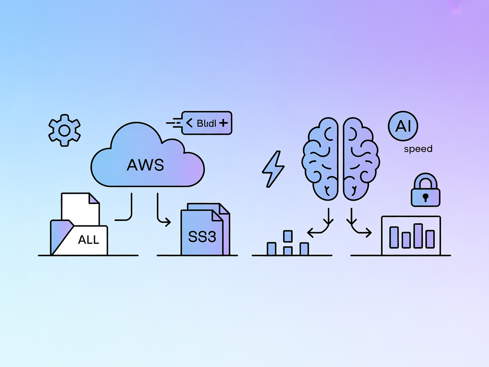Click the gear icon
(64, 130)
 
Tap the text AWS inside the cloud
(145, 164)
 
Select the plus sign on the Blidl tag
(223, 123)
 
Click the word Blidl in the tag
(207, 124)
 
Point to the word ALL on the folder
(88, 240)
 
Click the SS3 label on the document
(202, 237)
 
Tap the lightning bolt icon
(273, 169)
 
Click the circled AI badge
(403, 127)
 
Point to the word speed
(418, 149)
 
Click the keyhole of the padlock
(425, 197)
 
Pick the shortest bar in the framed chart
(406, 240)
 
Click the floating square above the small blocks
(288, 236)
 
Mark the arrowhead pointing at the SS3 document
(168, 221)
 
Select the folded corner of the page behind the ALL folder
(94, 198)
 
